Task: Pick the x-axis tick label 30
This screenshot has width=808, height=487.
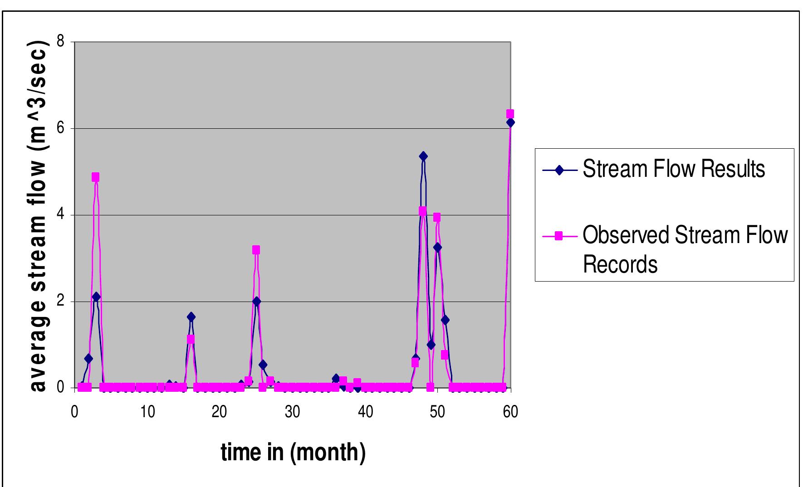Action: pos(292,412)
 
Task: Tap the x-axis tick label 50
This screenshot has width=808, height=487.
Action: pos(438,412)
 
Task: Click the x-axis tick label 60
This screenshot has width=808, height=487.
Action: pos(510,412)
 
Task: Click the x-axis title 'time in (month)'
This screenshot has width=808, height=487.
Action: pos(293,452)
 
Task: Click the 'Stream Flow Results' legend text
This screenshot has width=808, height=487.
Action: pos(674,169)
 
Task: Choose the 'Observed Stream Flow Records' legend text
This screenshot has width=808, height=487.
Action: pos(685,249)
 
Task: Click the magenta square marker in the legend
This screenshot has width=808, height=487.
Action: pos(559,236)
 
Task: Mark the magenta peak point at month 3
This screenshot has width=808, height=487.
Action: pos(95,177)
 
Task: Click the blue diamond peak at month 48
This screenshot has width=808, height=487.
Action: pos(423,156)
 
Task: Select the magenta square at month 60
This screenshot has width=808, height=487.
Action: pos(510,113)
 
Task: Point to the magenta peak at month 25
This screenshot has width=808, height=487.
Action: pos(256,250)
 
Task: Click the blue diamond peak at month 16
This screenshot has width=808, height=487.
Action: pos(191,317)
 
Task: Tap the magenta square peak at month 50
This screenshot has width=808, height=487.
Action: pos(437,217)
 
